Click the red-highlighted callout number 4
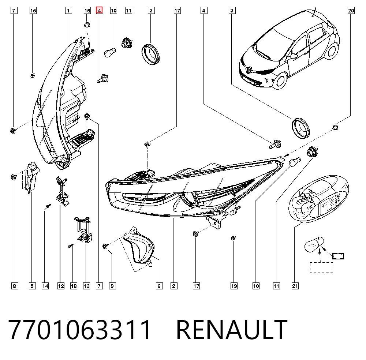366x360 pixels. pyautogui.click(x=99, y=11)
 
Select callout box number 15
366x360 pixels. pyautogui.click(x=33, y=11)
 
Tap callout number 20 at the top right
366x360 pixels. pyautogui.click(x=351, y=11)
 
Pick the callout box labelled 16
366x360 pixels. pyautogui.click(x=87, y=11)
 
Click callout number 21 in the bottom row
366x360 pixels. pyautogui.click(x=295, y=286)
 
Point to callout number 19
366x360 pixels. pyautogui.click(x=234, y=286)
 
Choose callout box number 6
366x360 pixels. pyautogui.click(x=159, y=286)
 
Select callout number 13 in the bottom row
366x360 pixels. pyautogui.click(x=86, y=286)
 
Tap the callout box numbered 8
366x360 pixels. pyautogui.click(x=15, y=286)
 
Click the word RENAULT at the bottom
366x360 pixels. pyautogui.click(x=231, y=330)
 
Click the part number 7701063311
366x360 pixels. pyautogui.click(x=79, y=330)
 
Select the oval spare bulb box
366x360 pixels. pyautogui.click(x=319, y=199)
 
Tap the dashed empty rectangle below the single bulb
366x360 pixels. pyautogui.click(x=321, y=267)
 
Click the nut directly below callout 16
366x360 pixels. pyautogui.click(x=87, y=25)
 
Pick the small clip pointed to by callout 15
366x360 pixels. pyautogui.click(x=33, y=75)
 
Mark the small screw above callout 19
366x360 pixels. pyautogui.click(x=233, y=238)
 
